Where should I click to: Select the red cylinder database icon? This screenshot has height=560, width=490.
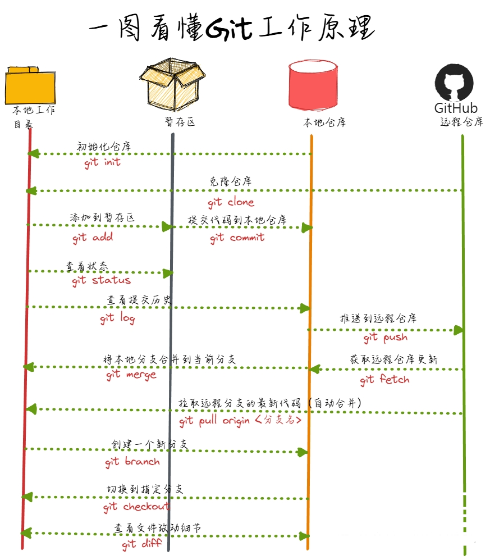tap(313, 84)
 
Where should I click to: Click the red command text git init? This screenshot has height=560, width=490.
tap(102, 162)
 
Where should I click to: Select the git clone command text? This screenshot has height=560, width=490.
tap(231, 202)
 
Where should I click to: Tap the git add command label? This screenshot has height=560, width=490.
tap(93, 238)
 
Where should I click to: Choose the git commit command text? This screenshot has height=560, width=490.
tap(237, 238)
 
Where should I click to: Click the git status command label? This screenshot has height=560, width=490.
tap(101, 280)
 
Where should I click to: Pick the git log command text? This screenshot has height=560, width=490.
tap(117, 319)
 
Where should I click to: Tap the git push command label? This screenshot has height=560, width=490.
tap(385, 338)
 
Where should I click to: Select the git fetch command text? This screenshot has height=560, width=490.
tap(384, 380)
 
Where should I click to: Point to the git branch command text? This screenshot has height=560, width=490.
tap(132, 462)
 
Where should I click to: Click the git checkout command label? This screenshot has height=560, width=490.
tap(136, 507)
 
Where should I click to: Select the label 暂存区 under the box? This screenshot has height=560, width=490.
tap(179, 122)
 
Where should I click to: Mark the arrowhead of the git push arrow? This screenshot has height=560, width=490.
tap(460, 330)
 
